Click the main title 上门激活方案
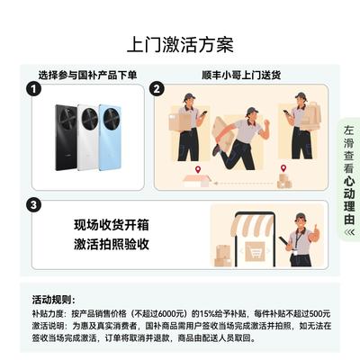click(x=180, y=45)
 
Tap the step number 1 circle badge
click(x=33, y=89)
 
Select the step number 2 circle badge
click(x=157, y=89)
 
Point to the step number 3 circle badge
click(x=33, y=205)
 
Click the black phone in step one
click(x=66, y=138)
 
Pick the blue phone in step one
click(x=111, y=138)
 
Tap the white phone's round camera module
click(x=90, y=117)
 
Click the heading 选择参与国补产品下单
click(x=87, y=75)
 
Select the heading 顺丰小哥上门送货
click(x=241, y=75)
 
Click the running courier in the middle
click(x=240, y=139)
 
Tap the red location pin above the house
click(x=197, y=170)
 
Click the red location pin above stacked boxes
click(x=283, y=168)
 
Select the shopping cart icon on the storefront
click(x=255, y=251)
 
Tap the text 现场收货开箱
click(x=112, y=225)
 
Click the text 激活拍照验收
click(x=112, y=244)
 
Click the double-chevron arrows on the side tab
click(x=349, y=232)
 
